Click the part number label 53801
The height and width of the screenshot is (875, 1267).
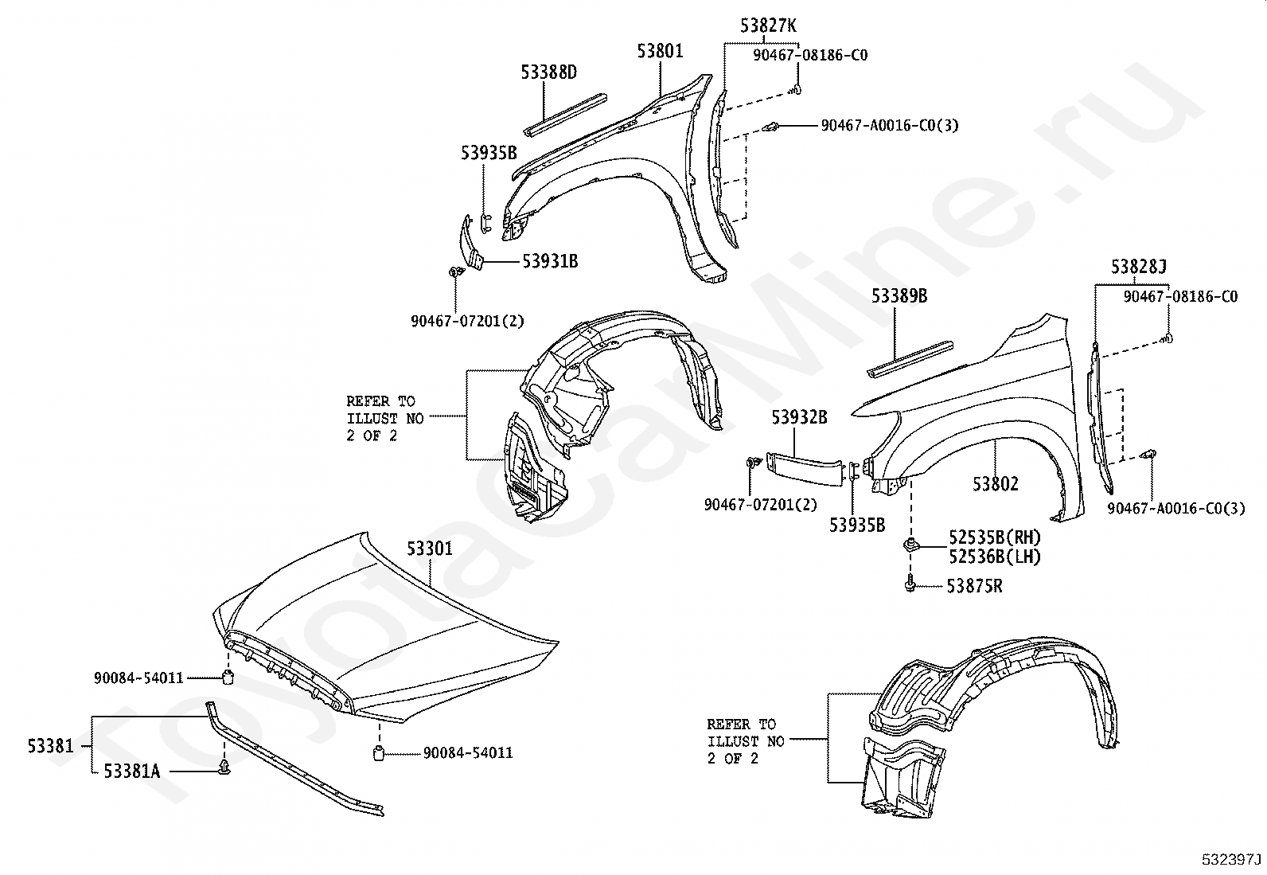pyautogui.click(x=660, y=52)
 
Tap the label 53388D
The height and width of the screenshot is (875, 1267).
pyautogui.click(x=549, y=72)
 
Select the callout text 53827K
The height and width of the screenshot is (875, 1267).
pyautogui.click(x=768, y=25)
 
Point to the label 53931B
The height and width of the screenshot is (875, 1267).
pyautogui.click(x=550, y=260)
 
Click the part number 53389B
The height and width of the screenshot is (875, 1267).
pyautogui.click(x=899, y=296)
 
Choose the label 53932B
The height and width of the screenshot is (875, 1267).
pyautogui.click(x=799, y=416)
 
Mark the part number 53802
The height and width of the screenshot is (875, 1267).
pyautogui.click(x=995, y=483)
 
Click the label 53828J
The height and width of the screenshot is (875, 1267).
pyautogui.click(x=1139, y=267)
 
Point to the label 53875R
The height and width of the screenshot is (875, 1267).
pyautogui.click(x=974, y=587)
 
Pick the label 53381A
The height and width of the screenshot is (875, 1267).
pyautogui.click(x=131, y=771)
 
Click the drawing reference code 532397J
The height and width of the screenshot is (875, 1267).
pyautogui.click(x=1231, y=860)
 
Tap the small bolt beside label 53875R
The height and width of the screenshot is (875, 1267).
pyautogui.click(x=909, y=585)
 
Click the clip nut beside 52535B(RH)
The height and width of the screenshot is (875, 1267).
pyautogui.click(x=909, y=545)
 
